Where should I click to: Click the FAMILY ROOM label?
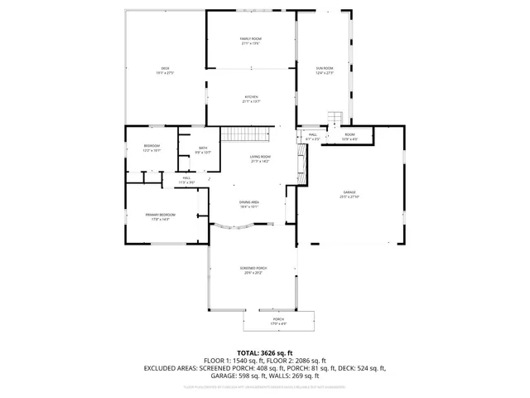point(250,39)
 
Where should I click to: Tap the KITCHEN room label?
point(250,97)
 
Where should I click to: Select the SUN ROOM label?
point(324,68)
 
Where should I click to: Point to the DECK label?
point(165,68)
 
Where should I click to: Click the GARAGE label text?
point(349,192)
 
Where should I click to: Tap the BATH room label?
point(203,148)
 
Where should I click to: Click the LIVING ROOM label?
point(261,157)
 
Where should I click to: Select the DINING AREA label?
point(249,202)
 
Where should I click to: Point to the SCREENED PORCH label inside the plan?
point(253,269)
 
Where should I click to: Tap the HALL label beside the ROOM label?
point(312,134)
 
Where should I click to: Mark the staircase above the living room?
point(245,134)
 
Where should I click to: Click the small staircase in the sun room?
point(335,117)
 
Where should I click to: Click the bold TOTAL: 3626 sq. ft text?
point(265,352)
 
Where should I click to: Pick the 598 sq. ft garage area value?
point(248,375)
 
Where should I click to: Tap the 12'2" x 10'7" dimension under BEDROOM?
point(152,150)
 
